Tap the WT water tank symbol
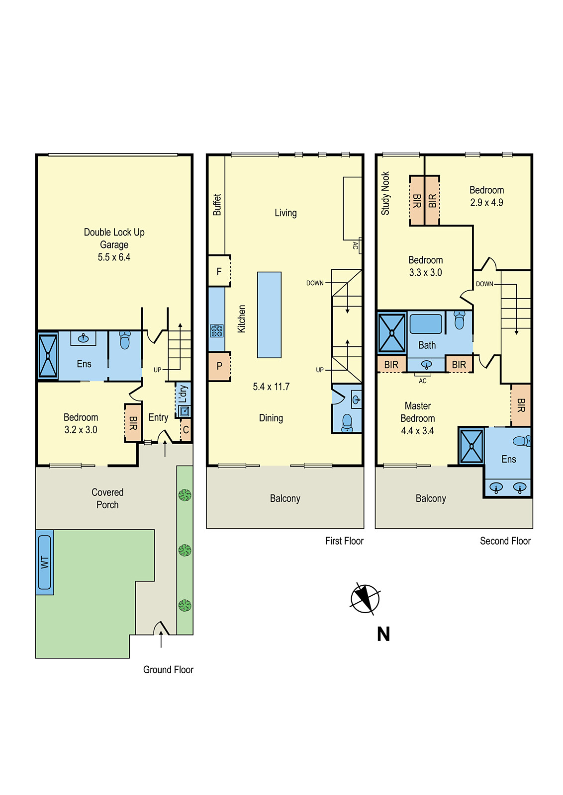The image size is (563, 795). point(45,562)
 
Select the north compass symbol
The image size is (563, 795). point(365,598)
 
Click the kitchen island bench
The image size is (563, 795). point(269,315)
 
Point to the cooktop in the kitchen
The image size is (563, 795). point(216,330)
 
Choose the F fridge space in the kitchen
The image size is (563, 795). point(219,271)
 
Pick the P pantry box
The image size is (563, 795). point(219,366)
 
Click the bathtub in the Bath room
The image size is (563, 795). point(426,324)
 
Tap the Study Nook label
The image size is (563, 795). point(385,193)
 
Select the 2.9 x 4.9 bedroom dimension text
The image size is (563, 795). point(486,203)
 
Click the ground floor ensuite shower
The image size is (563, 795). point(48,356)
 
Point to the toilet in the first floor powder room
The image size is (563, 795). point(347,423)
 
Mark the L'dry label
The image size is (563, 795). point(183,394)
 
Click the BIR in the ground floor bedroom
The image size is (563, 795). point(133,423)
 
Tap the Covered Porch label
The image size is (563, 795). point(107,498)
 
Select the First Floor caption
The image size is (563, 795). point(344,541)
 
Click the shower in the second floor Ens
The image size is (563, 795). point(471,446)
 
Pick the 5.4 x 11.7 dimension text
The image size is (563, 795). point(271,387)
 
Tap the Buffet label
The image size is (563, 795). point(217,205)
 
